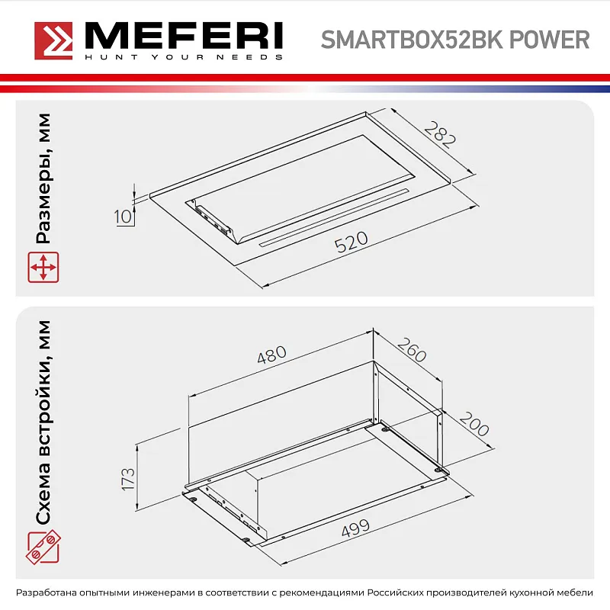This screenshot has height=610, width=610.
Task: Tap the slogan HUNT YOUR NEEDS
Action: [183, 57]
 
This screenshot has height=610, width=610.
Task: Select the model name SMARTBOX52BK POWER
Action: [455, 40]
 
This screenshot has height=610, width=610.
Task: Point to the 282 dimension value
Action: [440, 134]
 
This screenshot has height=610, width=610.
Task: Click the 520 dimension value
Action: [351, 243]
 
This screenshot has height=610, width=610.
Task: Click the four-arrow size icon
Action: [43, 268]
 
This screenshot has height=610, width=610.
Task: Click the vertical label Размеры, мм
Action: [44, 178]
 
